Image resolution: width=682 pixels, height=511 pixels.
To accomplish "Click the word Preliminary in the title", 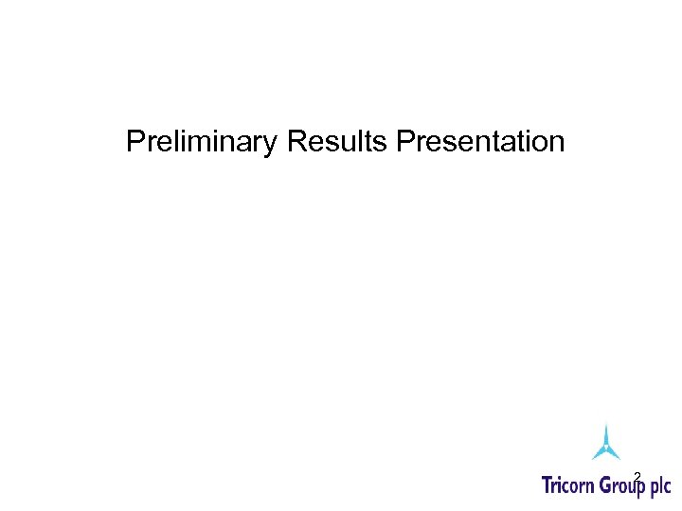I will click(202, 142).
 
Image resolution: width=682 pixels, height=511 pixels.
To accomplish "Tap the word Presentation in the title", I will click(480, 142).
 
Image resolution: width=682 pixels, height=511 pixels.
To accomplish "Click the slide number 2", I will click(637, 476).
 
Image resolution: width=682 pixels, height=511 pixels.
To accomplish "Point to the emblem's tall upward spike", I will click(606, 431).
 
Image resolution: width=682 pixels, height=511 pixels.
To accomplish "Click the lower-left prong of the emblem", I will click(597, 455).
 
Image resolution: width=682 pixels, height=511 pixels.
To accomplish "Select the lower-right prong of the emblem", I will click(616, 455).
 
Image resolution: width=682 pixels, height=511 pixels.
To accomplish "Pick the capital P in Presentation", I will click(405, 142).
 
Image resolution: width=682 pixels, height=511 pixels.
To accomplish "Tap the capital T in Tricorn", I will click(547, 486).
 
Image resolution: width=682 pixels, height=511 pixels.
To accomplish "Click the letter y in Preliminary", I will click(271, 145).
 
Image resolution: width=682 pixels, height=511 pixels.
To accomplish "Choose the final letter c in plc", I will click(667, 488).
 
